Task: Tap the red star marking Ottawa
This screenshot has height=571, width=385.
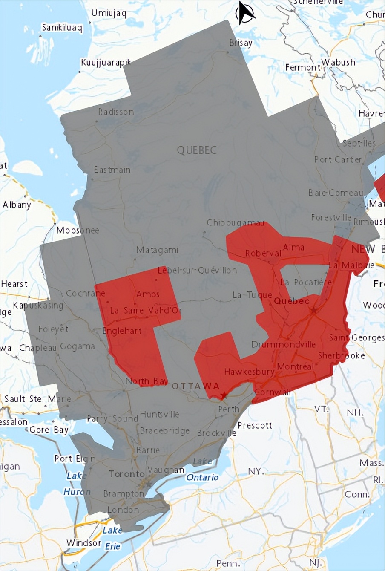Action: click(224, 395)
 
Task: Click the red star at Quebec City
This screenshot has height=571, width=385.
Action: click(314, 311)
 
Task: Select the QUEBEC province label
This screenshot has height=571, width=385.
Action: click(197, 150)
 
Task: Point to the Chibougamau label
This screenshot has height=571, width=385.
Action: click(236, 223)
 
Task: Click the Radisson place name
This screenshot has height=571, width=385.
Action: click(116, 112)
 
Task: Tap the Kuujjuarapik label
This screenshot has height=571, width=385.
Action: click(106, 63)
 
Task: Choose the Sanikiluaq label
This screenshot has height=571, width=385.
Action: click(62, 27)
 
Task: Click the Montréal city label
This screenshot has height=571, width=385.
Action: click(296, 366)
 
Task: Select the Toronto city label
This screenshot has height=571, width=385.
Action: click(127, 474)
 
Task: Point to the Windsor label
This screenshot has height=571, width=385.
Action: click(84, 543)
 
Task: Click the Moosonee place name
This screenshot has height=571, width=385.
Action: click(78, 230)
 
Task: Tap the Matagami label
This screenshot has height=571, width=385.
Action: click(157, 250)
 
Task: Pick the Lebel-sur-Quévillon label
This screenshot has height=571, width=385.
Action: click(197, 270)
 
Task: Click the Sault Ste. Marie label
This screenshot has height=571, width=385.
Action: click(38, 399)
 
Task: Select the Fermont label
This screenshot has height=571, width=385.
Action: click(303, 67)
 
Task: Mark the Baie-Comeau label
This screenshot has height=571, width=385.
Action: click(336, 193)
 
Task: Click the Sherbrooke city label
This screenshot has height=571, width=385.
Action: click(342, 355)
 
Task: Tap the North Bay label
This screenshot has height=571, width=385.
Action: click(146, 381)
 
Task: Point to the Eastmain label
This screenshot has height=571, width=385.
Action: click(112, 170)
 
